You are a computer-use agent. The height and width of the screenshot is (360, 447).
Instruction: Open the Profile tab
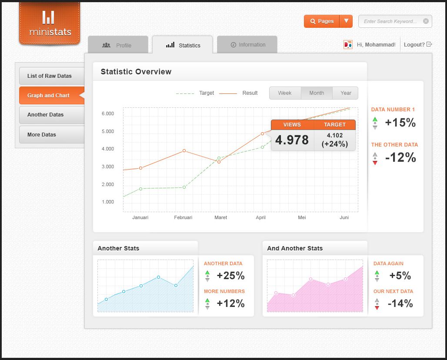pos(118,45)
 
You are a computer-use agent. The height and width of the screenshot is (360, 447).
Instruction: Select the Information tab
pos(247,45)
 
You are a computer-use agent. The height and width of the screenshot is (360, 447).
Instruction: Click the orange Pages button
pos(321,21)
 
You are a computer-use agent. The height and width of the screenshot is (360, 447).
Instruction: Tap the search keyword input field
pos(390,21)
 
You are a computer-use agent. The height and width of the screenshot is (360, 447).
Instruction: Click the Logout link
pos(414,44)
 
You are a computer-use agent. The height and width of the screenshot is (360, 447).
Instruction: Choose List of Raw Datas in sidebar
pos(50,76)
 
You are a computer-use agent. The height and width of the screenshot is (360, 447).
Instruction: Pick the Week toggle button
pos(285,93)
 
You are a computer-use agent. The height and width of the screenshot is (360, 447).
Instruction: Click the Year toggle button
pos(346,93)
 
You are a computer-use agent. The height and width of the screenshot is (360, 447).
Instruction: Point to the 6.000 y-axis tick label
pos(108,114)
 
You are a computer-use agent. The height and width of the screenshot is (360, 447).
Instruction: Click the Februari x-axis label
pos(183,217)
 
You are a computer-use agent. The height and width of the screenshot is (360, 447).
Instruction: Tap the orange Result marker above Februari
pos(184,151)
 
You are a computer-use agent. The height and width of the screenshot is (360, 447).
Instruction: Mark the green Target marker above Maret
pos(219,158)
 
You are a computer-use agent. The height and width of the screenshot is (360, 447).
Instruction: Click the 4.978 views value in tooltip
pos(292,140)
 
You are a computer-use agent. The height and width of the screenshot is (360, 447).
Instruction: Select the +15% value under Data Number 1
pos(400,123)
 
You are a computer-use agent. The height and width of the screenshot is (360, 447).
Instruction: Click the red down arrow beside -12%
pos(375,163)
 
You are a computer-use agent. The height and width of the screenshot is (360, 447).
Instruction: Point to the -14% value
pos(400,303)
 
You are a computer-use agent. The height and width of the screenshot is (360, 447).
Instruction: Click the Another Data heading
pos(223,263)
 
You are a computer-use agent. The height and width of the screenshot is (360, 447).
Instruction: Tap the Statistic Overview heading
pos(136,72)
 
